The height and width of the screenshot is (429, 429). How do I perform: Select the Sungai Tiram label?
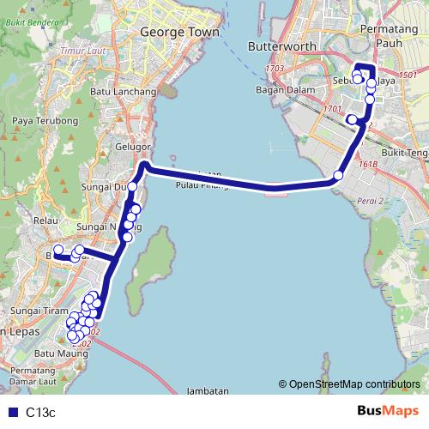coord(34,310)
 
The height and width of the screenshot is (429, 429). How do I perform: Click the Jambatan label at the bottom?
coord(206,390)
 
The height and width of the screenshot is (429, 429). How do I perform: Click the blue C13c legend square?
coord(12,412)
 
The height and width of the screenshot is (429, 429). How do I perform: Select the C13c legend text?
coord(40,412)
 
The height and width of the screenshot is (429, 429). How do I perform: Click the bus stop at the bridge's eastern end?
coord(338,176)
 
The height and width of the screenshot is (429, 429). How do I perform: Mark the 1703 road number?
coord(275,68)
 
